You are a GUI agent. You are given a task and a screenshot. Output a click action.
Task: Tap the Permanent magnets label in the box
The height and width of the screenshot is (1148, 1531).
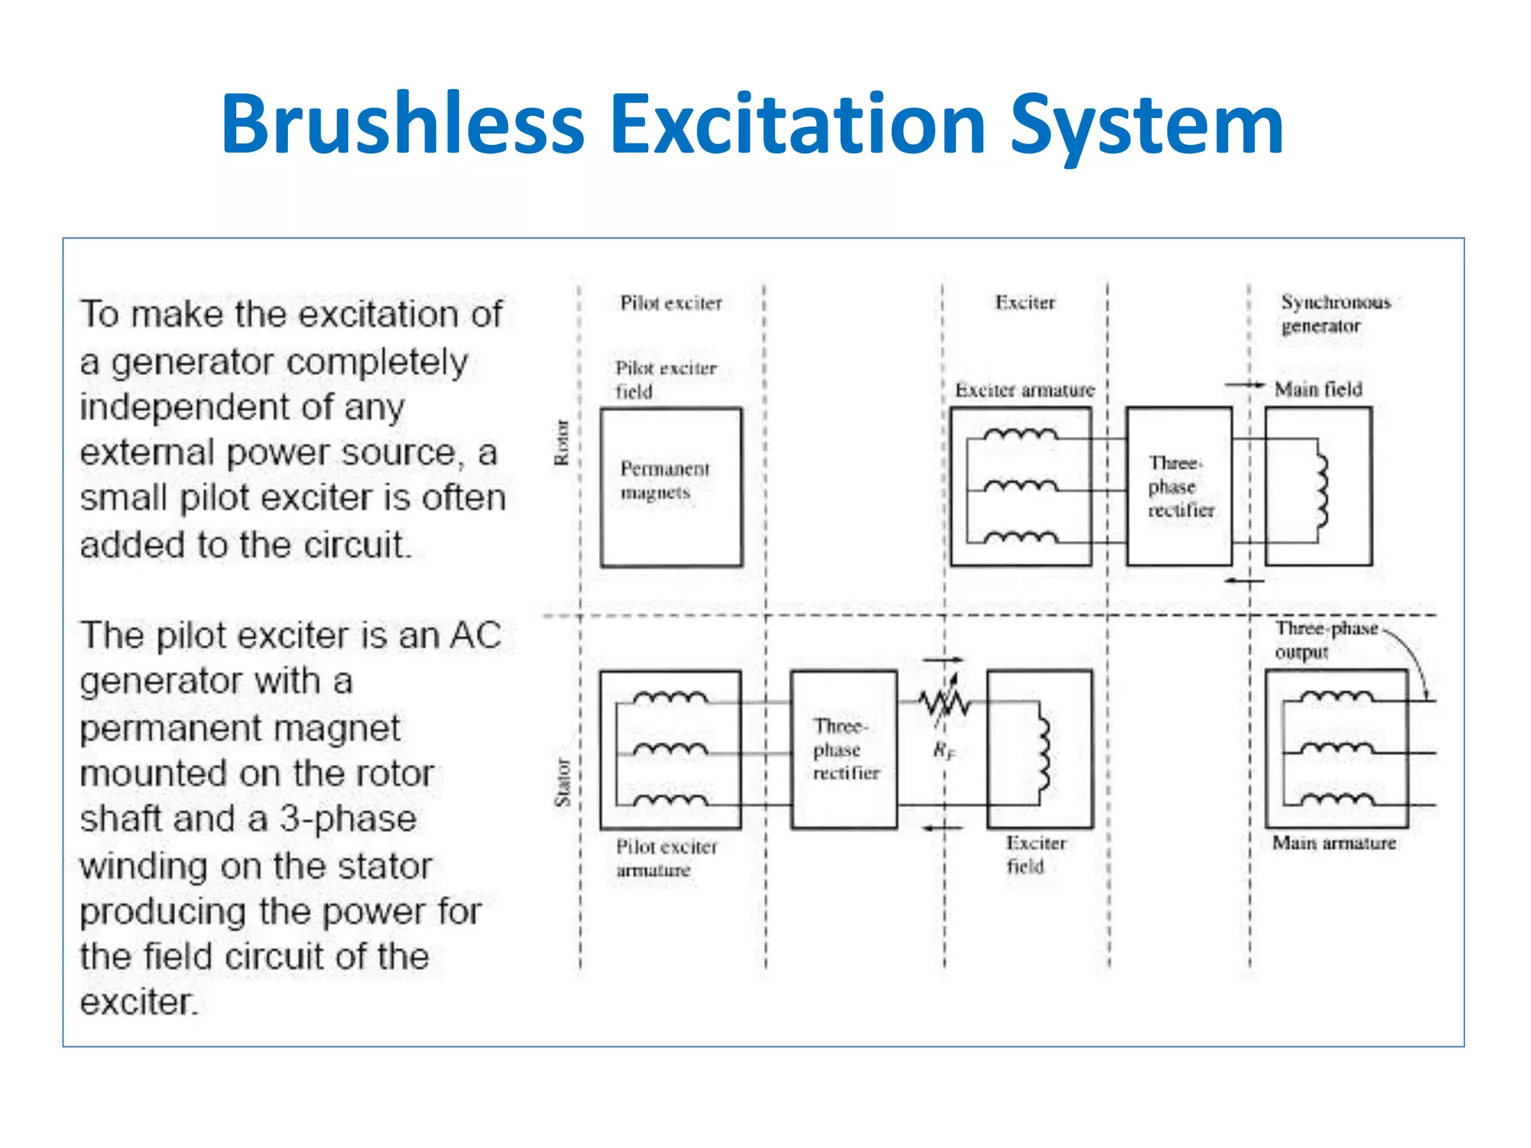tap(664, 481)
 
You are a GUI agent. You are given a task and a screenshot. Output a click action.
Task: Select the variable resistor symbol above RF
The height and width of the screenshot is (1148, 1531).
tap(944, 702)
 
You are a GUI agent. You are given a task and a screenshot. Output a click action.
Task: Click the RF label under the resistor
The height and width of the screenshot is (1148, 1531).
tap(943, 750)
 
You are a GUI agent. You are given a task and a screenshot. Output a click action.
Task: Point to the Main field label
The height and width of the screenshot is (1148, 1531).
tap(1318, 389)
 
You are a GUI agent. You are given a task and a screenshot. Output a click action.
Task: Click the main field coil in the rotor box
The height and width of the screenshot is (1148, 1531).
tap(1321, 490)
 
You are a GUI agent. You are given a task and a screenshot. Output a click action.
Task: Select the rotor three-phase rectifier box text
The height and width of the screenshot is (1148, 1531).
tap(1180, 487)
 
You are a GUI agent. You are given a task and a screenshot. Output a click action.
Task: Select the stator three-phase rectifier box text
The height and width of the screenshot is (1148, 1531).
tap(845, 750)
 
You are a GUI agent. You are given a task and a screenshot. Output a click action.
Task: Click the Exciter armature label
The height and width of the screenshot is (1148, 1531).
tap(1024, 390)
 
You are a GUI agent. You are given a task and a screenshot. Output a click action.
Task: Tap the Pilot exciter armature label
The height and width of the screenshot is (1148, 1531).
tap(665, 858)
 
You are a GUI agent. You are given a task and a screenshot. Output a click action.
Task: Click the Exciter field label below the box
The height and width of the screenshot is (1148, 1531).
tap(1035, 854)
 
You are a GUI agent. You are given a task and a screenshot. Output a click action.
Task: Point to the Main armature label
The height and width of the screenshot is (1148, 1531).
tap(1334, 843)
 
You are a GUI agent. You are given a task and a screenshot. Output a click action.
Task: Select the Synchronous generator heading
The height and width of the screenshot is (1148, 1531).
tap(1334, 314)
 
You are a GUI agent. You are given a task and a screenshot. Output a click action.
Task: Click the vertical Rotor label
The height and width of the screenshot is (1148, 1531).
tap(561, 442)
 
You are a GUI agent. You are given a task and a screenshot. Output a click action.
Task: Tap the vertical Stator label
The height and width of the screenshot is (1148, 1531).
tap(562, 783)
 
